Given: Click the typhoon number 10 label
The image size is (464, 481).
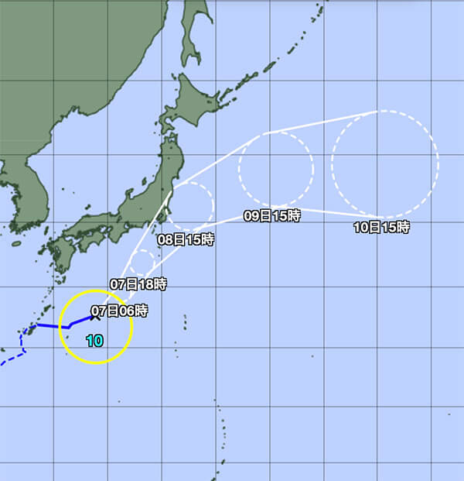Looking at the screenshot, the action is (94, 340).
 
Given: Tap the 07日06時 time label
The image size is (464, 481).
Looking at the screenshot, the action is (119, 311).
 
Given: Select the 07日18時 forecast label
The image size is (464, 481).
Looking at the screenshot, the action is (138, 284).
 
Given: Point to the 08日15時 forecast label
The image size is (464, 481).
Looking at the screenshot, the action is (186, 240).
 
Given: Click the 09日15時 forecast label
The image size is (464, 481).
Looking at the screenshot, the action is (271, 217).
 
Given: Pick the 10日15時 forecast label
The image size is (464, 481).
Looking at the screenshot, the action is (381, 228).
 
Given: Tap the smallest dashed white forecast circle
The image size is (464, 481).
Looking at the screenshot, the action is (143, 263).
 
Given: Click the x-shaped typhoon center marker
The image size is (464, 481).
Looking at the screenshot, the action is (93, 317).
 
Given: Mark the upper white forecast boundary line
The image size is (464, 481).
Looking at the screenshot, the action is (317, 122).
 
